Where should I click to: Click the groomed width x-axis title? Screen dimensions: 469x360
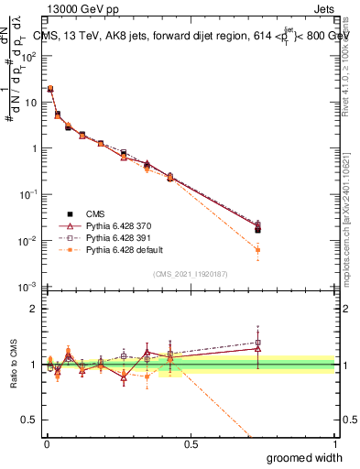click(306, 457)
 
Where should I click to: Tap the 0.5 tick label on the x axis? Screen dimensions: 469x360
click(191, 444)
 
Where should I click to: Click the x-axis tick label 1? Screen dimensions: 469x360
click(334, 444)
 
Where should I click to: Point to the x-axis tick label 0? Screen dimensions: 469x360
click(47, 444)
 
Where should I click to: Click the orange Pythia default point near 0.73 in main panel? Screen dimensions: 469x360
click(258, 250)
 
